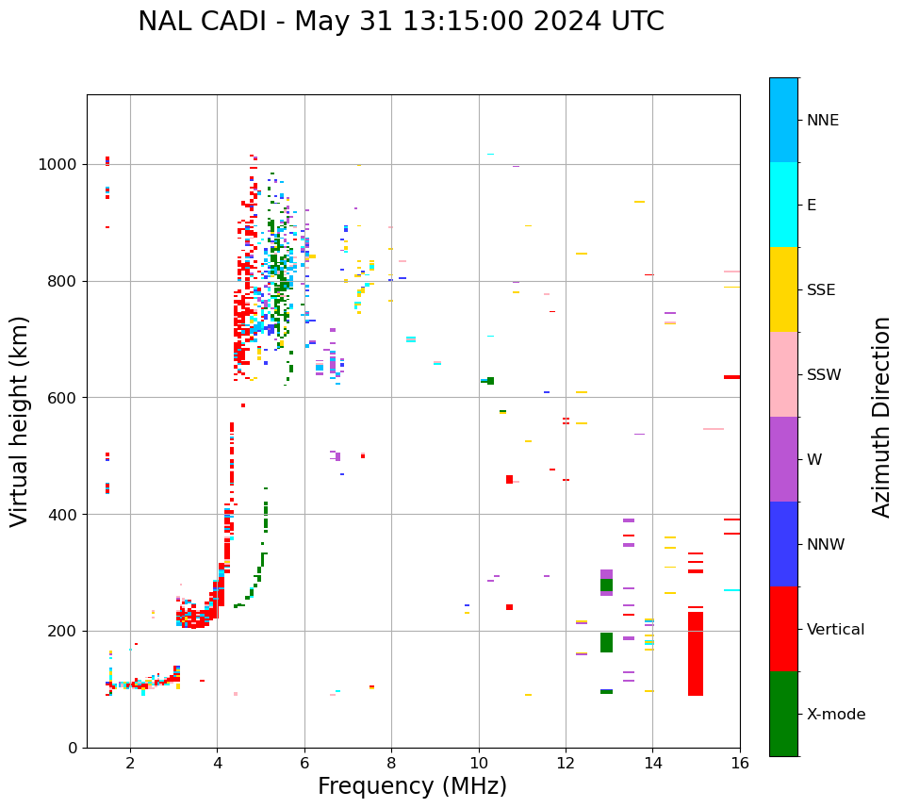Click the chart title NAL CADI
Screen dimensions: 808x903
pos(401,22)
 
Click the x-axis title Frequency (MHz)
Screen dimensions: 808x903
pos(412,786)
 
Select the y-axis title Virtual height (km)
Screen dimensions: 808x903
pos(20,420)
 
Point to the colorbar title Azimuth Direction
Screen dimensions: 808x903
pos(881,417)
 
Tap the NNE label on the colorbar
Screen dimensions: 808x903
pos(822,121)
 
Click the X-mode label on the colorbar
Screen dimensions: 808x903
pos(835,715)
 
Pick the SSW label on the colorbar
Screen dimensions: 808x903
pos(824,375)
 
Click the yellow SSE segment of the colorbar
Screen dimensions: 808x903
pos(783,289)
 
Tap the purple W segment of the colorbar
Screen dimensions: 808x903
pos(783,458)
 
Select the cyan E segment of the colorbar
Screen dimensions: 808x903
pos(783,204)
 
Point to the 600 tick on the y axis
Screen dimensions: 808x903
pos(64,398)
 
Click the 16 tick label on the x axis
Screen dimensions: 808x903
pos(740,762)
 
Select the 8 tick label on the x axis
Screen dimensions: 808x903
pos(391,762)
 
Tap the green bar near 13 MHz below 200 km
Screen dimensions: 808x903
pos(606,642)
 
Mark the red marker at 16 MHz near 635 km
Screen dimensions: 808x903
pos(731,377)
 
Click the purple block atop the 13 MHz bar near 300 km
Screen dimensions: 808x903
pos(606,573)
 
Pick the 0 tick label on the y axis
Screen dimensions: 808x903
pos(73,748)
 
